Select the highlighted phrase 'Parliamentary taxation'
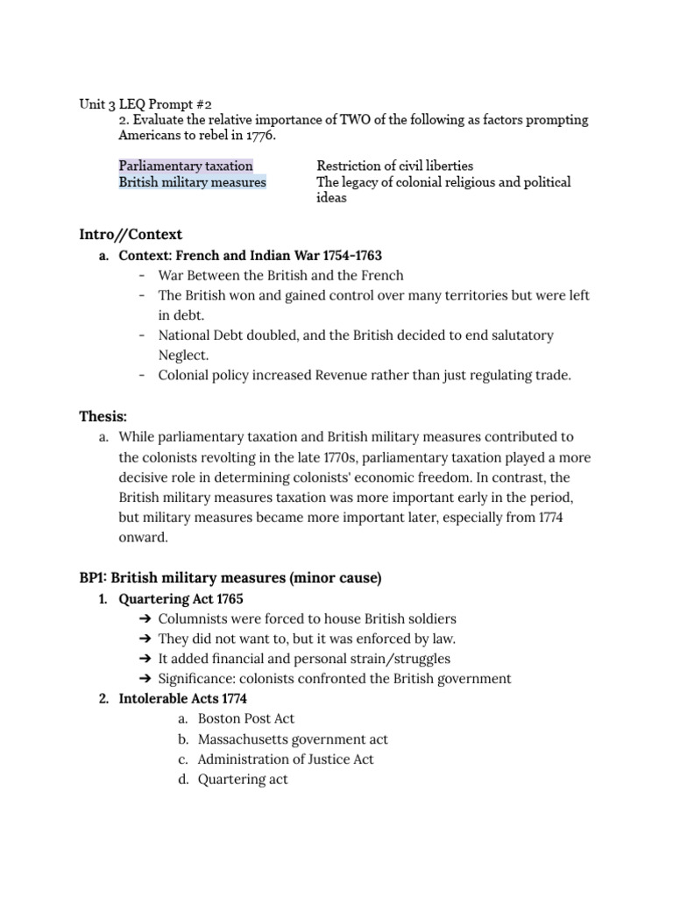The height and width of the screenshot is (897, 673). (186, 166)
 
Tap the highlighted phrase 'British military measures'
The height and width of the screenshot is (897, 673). (193, 182)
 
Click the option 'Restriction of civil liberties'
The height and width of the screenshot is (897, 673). (394, 166)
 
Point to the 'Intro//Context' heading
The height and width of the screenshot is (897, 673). (131, 234)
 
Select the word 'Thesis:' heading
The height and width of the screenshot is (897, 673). (103, 416)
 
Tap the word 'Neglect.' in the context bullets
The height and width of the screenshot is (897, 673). (184, 356)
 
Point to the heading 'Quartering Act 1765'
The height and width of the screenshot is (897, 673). (181, 598)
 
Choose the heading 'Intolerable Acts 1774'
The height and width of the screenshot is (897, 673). (182, 698)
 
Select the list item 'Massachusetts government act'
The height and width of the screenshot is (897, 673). (293, 738)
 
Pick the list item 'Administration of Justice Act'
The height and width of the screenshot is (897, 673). (286, 759)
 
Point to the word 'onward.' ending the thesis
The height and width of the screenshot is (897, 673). (142, 537)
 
